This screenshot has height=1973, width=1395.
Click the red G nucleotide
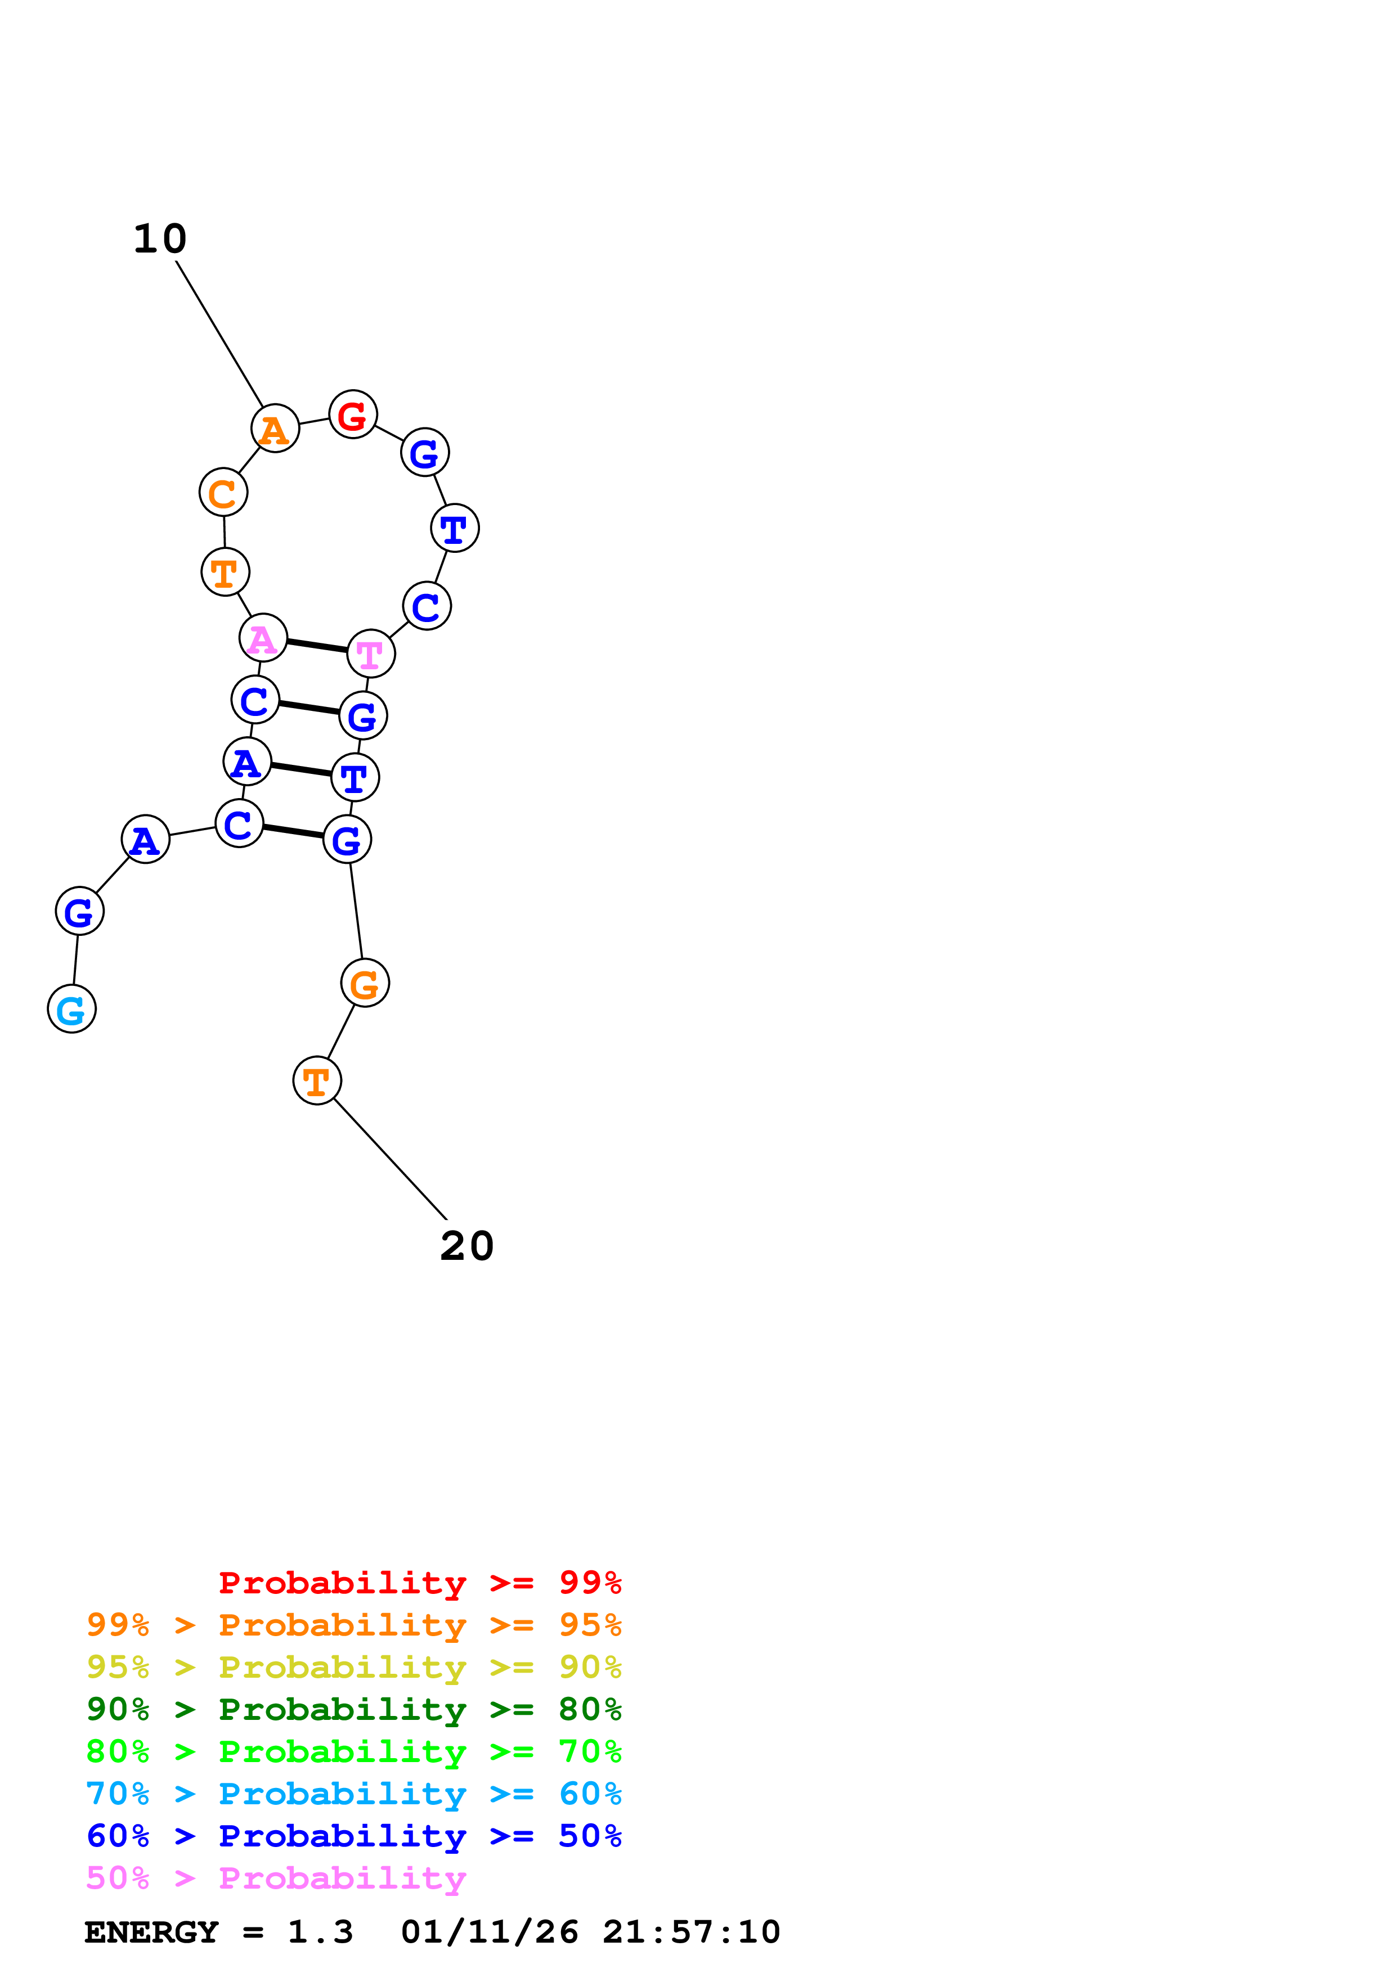point(352,414)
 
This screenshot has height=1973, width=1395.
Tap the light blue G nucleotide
point(71,1009)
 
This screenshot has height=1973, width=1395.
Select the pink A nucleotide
point(263,638)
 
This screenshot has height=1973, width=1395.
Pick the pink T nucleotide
point(370,654)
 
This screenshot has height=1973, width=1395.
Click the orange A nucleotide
point(275,428)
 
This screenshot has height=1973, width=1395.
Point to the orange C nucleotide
point(223,492)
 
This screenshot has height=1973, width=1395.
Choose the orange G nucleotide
point(365,983)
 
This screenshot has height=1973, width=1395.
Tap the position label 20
point(467,1246)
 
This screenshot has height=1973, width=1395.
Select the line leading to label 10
point(219,334)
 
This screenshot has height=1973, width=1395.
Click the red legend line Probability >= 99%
point(419,1583)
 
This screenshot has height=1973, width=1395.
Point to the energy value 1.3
point(320,1932)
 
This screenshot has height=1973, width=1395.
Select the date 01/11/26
point(489,1932)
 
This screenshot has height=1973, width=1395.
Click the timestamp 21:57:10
point(691,1932)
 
